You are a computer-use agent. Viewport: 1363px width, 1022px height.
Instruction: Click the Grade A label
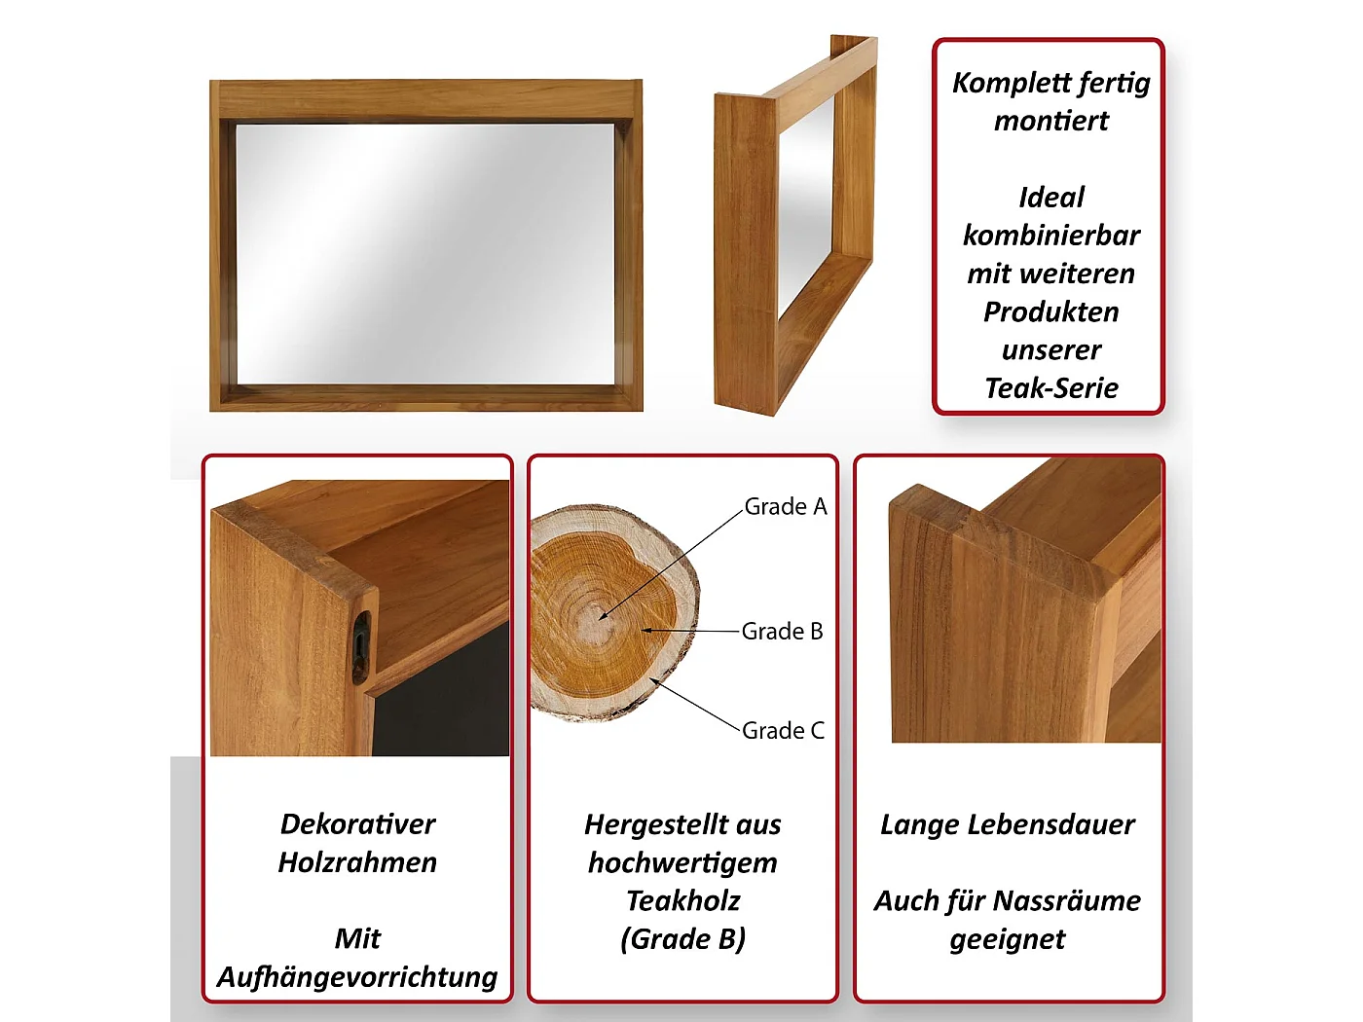click(785, 507)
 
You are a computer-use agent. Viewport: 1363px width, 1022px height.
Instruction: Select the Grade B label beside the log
click(782, 632)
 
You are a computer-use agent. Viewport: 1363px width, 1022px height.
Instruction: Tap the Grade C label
click(783, 731)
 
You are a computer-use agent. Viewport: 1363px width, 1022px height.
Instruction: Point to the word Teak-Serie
click(1051, 388)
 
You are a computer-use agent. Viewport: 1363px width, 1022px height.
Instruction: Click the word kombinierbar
click(1051, 236)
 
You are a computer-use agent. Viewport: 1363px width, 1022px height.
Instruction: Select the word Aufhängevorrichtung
click(357, 976)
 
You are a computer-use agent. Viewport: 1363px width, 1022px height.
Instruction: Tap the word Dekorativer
click(357, 824)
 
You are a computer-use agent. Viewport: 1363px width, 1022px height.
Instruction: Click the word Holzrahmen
click(357, 862)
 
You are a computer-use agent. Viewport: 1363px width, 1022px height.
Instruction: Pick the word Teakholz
click(682, 900)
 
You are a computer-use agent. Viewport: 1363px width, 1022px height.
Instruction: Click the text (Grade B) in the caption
click(682, 939)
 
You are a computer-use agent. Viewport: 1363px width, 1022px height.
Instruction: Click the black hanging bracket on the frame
click(361, 643)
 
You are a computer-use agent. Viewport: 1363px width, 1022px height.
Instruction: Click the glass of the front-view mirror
click(425, 253)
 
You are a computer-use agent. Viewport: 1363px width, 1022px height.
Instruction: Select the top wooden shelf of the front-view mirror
click(425, 99)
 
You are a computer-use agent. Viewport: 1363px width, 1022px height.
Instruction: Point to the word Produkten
click(1051, 312)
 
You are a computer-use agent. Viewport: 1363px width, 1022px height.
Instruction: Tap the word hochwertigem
click(682, 862)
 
